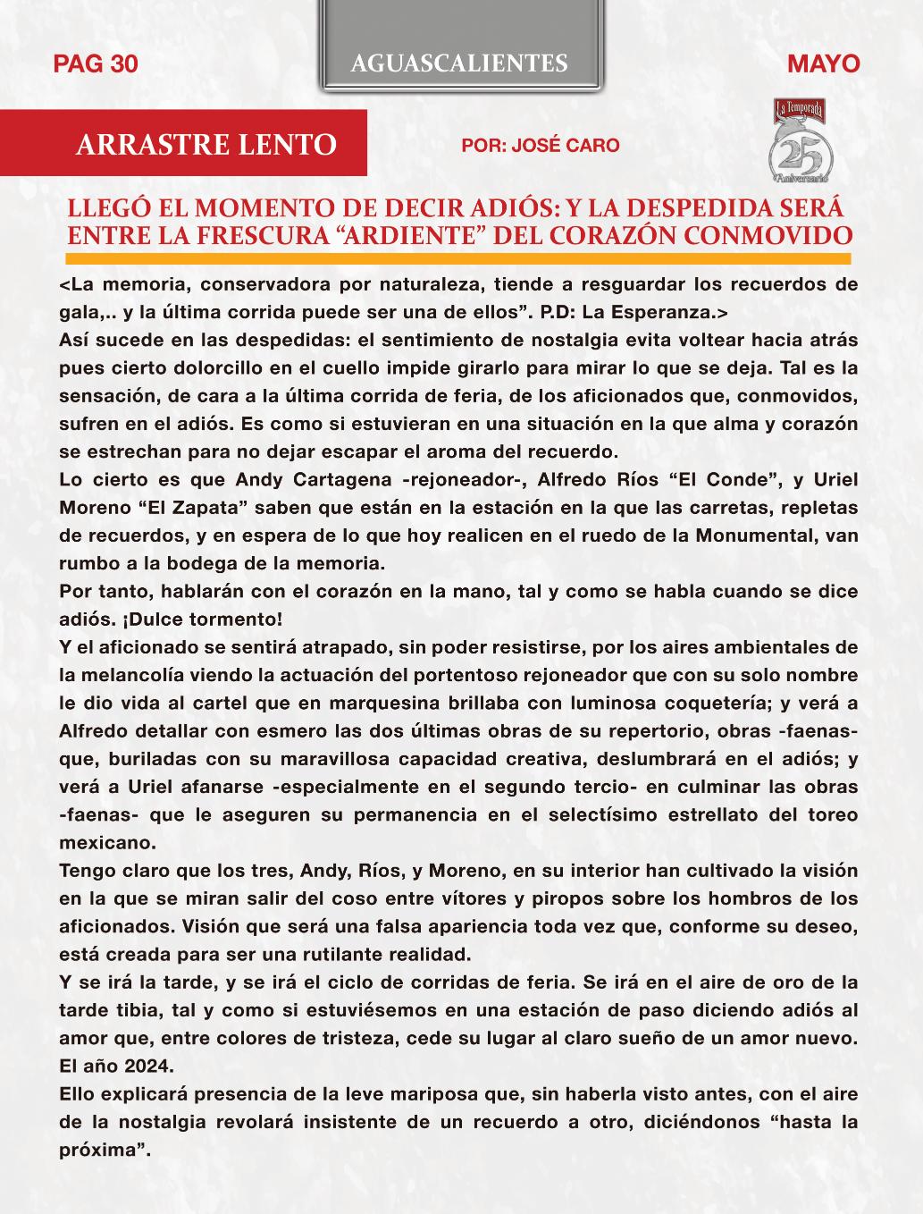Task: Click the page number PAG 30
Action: coord(96,63)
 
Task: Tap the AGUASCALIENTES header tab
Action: coord(459,63)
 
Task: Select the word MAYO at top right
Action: coord(824,63)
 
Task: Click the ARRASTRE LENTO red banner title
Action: coord(206,144)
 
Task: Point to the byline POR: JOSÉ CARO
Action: coord(540,145)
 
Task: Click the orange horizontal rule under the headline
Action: coord(459,258)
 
